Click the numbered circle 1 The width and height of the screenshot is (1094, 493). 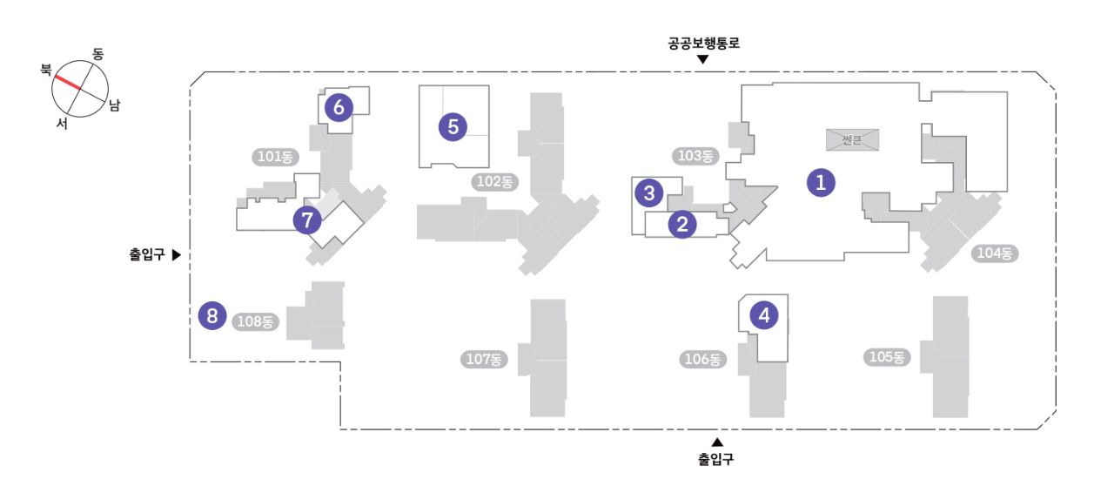pos(820,182)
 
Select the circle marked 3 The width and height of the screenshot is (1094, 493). pos(649,192)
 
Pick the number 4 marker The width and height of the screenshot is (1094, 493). pos(764,315)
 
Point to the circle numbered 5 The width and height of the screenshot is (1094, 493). pos(453,126)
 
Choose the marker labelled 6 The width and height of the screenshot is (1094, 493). pos(339,107)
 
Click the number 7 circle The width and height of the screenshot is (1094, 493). pos(306,220)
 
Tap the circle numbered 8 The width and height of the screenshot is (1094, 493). pos(211,315)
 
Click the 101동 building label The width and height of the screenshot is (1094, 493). pos(276,157)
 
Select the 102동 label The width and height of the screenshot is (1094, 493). pos(493,182)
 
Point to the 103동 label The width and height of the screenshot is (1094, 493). pos(694,157)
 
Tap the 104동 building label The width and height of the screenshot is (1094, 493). pos(996,253)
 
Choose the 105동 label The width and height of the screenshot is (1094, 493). pos(888,357)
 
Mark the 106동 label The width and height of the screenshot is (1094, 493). pos(701,359)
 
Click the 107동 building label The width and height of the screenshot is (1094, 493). pos(483,359)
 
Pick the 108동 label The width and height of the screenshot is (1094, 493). pos(255,321)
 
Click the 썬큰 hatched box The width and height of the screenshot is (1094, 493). pos(851,139)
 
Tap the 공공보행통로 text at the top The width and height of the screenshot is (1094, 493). pos(703,43)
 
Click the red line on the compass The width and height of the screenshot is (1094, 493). pos(68,82)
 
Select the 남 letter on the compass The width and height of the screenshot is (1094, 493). pos(114,105)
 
